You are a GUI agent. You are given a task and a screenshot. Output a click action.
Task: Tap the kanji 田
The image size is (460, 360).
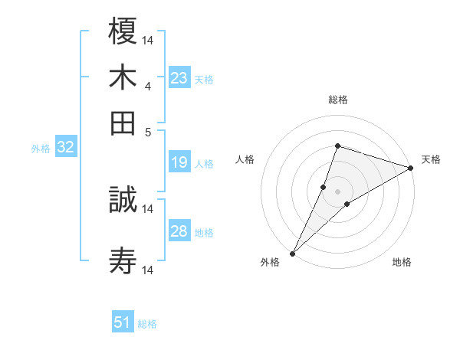click(123, 123)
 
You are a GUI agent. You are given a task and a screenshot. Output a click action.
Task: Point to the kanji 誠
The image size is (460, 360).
click(123, 200)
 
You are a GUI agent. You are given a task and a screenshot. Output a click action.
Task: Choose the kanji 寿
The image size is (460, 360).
click(123, 262)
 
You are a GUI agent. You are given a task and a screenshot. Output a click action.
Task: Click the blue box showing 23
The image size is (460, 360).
click(179, 78)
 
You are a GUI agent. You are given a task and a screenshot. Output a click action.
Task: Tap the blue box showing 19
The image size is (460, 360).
click(179, 162)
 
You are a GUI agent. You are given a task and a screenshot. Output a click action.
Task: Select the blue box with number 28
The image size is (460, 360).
click(179, 231)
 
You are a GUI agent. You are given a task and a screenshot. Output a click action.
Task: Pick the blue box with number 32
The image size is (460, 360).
click(65, 148)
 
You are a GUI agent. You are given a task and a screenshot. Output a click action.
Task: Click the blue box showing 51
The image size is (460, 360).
click(123, 322)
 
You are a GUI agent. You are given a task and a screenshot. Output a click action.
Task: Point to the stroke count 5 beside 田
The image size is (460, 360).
click(147, 132)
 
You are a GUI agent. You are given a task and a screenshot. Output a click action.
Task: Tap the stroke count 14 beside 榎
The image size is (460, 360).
click(148, 40)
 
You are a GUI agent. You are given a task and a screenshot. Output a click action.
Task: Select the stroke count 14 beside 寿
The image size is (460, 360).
click(148, 270)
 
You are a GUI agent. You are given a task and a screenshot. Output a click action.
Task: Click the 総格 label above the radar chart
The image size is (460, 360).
click(338, 100)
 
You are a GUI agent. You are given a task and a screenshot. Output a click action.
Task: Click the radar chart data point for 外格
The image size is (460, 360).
click(293, 253)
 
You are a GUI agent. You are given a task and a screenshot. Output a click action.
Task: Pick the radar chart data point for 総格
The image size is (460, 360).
click(337, 146)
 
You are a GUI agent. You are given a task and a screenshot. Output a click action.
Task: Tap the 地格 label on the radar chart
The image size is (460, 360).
click(402, 263)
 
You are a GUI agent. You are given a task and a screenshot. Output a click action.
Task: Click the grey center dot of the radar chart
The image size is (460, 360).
click(337, 191)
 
